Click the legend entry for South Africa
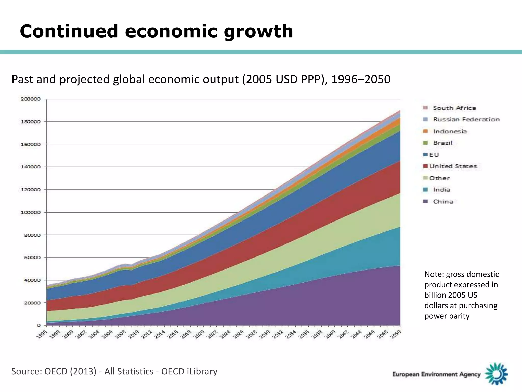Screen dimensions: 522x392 click(454, 108)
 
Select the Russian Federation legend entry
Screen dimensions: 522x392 click(466, 120)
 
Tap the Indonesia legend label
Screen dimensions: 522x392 click(450, 132)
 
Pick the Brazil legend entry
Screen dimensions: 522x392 click(442, 143)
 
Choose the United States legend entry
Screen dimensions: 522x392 click(453, 166)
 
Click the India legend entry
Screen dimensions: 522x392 click(441, 190)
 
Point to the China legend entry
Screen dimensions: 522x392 click(443, 202)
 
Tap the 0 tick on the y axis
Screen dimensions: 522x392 click(38, 325)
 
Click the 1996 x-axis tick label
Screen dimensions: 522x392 click(42, 334)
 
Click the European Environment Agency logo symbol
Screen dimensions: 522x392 click(496, 374)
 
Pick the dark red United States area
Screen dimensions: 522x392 click(306, 219)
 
